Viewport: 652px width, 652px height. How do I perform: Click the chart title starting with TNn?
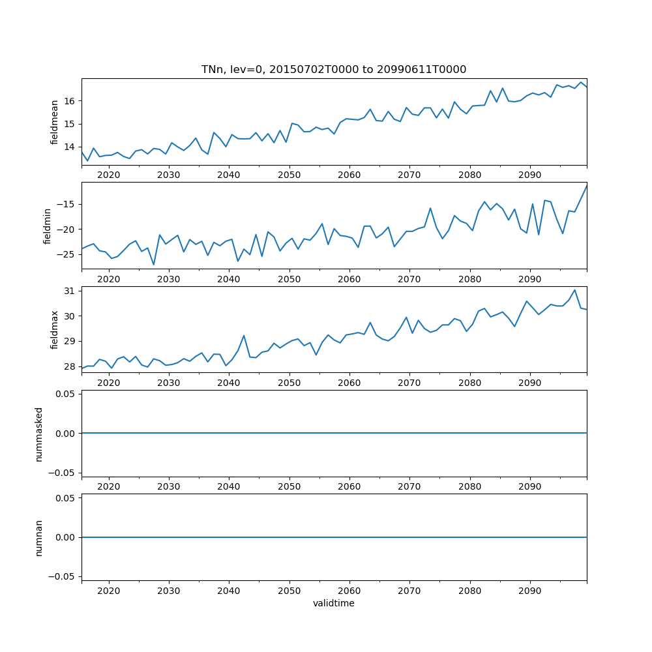coord(334,70)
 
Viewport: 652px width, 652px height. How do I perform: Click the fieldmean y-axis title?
coord(55,122)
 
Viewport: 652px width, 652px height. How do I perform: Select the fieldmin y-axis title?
coord(47,226)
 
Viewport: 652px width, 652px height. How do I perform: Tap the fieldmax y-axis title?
coord(55,330)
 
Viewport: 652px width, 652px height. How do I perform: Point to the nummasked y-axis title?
coord(39,434)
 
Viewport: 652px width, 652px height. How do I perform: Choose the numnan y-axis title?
coord(39,537)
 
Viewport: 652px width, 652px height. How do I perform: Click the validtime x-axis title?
coord(334,604)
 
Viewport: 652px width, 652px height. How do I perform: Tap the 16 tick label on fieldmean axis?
coord(70,101)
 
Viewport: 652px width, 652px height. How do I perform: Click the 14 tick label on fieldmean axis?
coord(70,147)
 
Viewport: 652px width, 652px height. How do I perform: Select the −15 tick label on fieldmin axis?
coord(66,204)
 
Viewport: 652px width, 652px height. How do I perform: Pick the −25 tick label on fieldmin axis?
coord(66,254)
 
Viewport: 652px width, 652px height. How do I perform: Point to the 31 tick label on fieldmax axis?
coord(70,291)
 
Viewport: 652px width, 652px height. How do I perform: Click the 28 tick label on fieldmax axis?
coord(70,366)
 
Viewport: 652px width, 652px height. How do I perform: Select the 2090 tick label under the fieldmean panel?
coord(529,175)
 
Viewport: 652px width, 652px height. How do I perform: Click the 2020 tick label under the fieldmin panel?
coord(108,279)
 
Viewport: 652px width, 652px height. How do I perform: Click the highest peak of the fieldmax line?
coord(574,290)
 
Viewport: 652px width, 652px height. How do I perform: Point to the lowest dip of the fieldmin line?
coord(154,264)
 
